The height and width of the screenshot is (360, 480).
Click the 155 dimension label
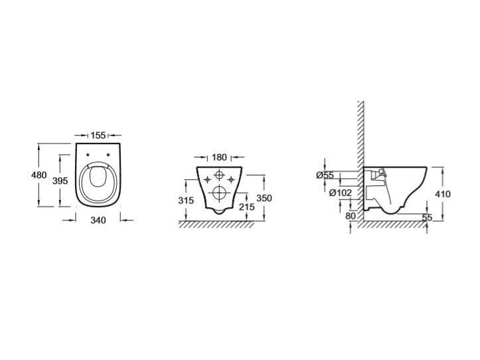98,135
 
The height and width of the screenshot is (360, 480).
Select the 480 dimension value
39,175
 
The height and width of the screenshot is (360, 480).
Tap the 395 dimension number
60,181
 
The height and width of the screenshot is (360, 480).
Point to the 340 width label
98,220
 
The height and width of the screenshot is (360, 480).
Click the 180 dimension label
220,157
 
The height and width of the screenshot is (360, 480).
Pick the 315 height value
186,201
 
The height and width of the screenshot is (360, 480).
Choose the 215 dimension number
247,207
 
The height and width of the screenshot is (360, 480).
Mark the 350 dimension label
264,198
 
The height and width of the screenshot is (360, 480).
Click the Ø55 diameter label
325,175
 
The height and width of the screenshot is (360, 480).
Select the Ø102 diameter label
341,193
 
